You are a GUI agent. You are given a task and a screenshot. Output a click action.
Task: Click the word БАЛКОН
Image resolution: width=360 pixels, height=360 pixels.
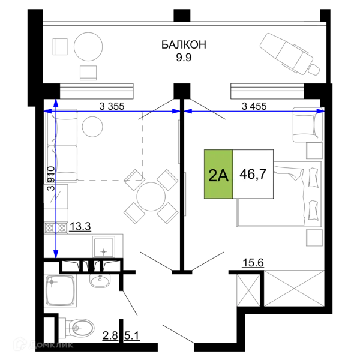click(184, 44)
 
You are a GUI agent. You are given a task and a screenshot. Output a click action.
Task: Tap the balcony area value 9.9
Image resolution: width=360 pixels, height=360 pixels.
click(184, 58)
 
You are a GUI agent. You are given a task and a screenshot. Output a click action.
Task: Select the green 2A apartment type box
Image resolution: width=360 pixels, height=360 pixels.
click(218, 174)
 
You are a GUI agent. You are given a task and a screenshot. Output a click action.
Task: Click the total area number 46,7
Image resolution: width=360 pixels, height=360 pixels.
click(253, 174)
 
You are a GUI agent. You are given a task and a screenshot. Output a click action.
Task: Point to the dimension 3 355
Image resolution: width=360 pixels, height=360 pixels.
click(112, 106)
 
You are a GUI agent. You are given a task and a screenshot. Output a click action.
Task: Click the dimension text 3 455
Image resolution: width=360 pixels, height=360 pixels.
click(254, 106)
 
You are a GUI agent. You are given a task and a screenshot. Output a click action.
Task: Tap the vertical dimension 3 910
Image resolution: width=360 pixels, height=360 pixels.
click(51, 178)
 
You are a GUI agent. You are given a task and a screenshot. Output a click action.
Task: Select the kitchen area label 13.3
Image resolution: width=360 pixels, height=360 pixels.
click(80, 227)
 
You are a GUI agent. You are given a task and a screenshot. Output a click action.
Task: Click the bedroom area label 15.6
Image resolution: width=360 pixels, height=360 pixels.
click(253, 263)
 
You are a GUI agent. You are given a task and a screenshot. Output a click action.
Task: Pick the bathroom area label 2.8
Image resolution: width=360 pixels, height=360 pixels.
click(110, 336)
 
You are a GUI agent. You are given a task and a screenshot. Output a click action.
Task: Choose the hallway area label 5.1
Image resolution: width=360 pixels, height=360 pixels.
click(132, 336)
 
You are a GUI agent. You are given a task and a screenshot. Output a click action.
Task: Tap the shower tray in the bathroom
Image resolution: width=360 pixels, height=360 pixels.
click(61, 291)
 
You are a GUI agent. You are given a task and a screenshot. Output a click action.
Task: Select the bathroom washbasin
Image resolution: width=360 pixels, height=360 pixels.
click(100, 281)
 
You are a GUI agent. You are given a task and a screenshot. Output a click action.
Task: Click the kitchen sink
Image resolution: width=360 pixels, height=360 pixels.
click(104, 247)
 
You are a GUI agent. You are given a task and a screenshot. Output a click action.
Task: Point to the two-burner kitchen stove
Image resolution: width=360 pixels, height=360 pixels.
click(56, 228)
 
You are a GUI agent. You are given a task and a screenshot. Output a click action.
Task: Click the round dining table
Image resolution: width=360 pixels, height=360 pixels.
click(151, 197)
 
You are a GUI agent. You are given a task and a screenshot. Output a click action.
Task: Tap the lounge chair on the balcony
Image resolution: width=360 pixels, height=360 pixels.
click(290, 55)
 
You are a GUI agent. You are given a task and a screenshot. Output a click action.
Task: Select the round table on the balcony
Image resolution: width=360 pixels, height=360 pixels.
click(88, 47)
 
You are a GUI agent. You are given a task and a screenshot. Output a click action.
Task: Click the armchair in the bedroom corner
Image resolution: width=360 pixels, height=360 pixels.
click(308, 125)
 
